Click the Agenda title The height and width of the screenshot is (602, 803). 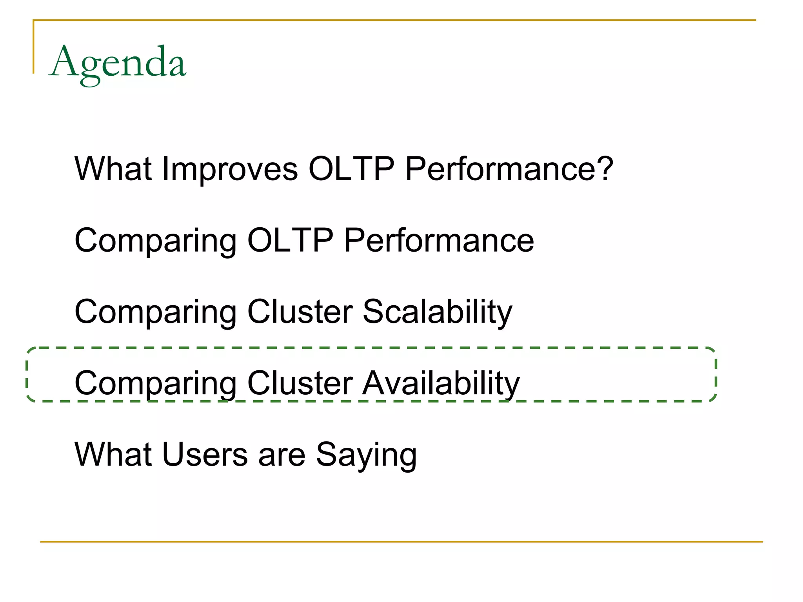118,63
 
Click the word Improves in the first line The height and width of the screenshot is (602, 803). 230,169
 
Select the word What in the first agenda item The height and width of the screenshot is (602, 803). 113,169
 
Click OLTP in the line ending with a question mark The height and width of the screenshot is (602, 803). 351,169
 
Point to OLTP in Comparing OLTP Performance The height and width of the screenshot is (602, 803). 290,241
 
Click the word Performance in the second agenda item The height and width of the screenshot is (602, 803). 439,241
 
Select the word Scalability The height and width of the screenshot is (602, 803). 437,312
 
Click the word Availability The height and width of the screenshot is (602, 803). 441,384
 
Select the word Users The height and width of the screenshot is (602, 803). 205,455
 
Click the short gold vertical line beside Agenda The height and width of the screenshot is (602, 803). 34,47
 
